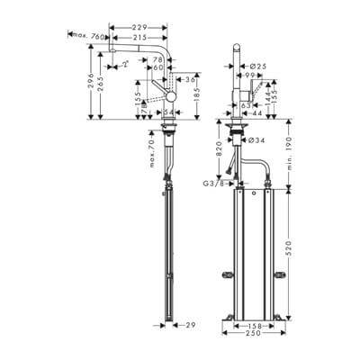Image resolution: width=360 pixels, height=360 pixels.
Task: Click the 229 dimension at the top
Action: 137,28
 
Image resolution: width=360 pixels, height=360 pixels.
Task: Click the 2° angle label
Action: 128,66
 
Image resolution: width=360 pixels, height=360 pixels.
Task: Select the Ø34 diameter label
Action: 256,140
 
